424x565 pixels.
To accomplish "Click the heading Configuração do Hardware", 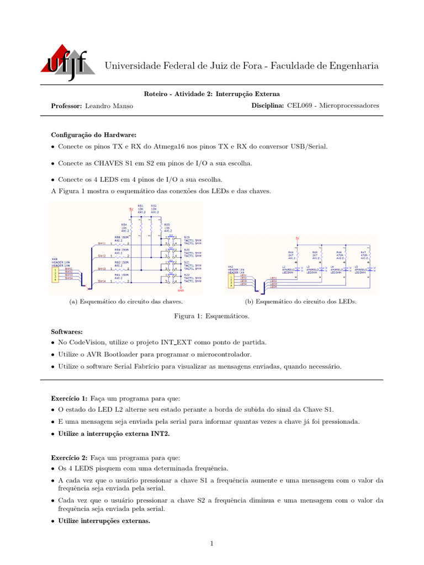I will (93, 135).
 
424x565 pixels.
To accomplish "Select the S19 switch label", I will (187, 236).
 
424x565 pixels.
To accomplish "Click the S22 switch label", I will (187, 275).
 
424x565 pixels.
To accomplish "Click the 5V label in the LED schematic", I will (297, 238).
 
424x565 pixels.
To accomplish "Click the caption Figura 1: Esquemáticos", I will (212, 317).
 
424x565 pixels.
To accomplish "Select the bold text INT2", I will (161, 434).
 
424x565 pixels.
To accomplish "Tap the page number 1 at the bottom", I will (211, 543).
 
